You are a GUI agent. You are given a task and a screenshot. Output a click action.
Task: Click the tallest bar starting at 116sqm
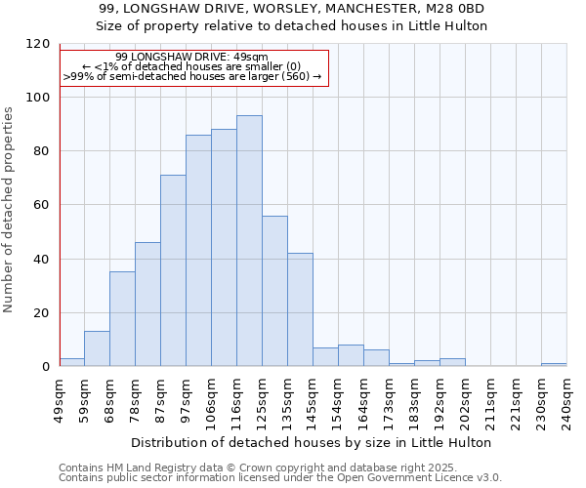coord(249,241)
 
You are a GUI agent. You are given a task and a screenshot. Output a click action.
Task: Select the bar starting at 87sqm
coord(173,270)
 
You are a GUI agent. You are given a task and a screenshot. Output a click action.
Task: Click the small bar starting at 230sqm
coord(554,364)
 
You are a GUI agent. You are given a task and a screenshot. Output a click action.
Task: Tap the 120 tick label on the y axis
coord(38,44)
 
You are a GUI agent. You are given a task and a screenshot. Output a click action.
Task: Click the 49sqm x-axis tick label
coord(60,398)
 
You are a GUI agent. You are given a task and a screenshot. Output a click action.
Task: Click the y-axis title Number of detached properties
coord(9,210)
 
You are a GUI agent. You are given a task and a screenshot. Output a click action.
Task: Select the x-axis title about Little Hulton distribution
coord(313,442)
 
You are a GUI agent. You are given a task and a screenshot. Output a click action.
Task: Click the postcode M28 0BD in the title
coord(451,9)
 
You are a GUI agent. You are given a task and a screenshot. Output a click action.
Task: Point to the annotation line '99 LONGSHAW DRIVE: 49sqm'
coord(191,58)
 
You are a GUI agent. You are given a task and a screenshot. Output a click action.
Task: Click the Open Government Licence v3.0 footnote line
coord(280,477)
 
